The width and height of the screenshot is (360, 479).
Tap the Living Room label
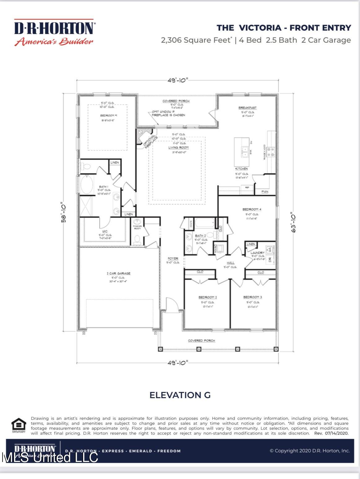(x=178, y=147)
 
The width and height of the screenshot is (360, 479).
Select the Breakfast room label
(x=247, y=108)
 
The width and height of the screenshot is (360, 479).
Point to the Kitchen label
(x=241, y=169)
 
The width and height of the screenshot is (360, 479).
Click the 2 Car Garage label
(x=118, y=273)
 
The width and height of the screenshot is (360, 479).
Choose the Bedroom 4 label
(x=252, y=209)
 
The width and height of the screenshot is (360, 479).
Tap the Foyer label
(x=173, y=258)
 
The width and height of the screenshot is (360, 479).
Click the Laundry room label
(x=257, y=253)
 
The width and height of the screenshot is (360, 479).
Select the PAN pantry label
(x=265, y=192)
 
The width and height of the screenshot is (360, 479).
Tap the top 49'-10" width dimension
(x=178, y=80)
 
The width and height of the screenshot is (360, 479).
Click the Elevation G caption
(x=180, y=395)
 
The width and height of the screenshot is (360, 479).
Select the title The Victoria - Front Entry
(x=284, y=28)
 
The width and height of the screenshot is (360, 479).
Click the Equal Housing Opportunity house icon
(x=19, y=425)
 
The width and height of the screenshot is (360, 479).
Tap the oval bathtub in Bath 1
(x=87, y=185)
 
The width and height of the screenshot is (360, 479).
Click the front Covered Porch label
(x=201, y=341)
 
